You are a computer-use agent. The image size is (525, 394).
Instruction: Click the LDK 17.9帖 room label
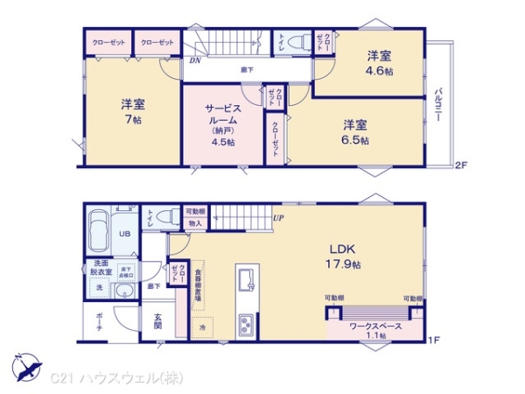[342, 255]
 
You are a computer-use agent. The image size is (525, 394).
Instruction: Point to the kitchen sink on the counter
[244, 282]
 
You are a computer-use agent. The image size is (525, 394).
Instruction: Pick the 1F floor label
[433, 339]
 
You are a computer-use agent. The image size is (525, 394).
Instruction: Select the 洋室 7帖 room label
[133, 113]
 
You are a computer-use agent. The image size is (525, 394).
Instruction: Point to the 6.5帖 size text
[355, 140]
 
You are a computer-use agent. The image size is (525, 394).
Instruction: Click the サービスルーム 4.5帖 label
[223, 123]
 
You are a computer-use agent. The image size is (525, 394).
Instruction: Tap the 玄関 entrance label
[157, 323]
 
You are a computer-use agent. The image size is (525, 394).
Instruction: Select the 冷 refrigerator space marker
[203, 327]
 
